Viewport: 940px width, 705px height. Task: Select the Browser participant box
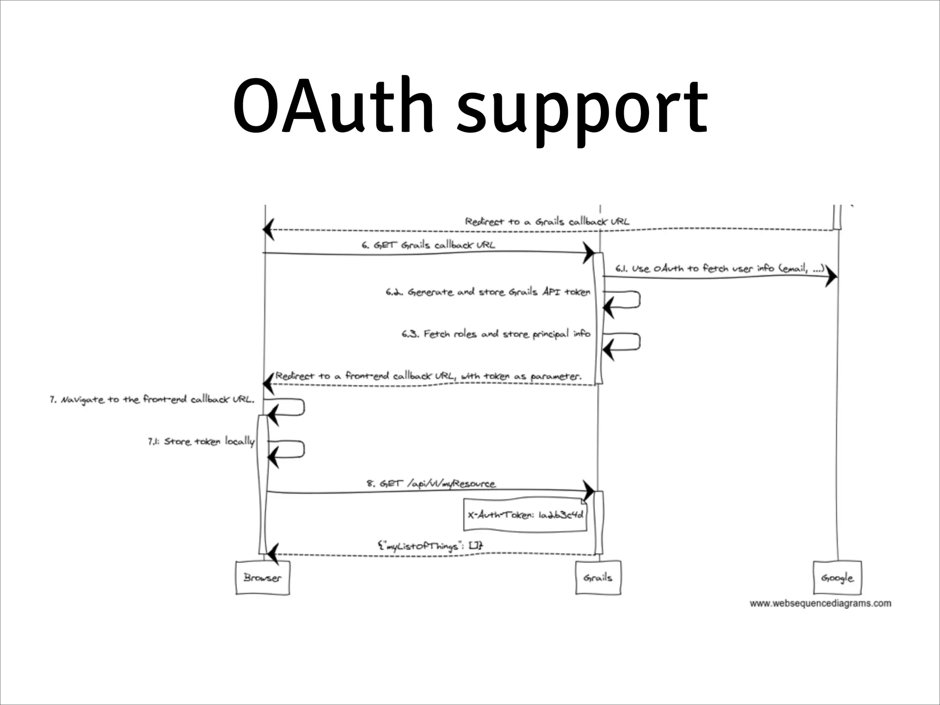[263, 577]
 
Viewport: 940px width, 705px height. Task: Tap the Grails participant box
[598, 577]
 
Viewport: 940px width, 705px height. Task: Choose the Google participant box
[837, 577]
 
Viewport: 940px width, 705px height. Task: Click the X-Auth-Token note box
[525, 515]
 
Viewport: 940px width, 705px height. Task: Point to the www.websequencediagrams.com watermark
[820, 603]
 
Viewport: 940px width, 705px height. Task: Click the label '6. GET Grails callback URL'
[428, 245]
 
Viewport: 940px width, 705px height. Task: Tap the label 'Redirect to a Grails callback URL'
[547, 221]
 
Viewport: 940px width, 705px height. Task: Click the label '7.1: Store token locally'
[201, 442]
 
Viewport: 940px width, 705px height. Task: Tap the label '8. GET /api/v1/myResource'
[431, 483]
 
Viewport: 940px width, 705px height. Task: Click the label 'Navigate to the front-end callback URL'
[152, 399]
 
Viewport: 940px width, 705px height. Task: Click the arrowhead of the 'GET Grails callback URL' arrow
[588, 252]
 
